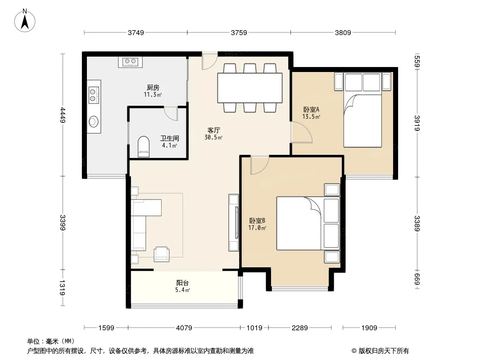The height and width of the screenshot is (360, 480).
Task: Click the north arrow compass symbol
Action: pos(25,21)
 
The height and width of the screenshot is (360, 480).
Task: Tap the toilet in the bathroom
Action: pos(144,147)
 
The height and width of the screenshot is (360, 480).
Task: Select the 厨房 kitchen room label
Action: pos(153,88)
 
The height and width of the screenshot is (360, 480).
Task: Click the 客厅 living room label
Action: pos(214,130)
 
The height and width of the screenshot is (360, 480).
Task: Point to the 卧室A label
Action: pos(311,109)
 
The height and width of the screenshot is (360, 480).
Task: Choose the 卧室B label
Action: pos(257,220)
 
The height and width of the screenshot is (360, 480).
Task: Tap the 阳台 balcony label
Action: pos(182,283)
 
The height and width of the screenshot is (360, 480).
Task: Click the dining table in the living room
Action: pos(250,88)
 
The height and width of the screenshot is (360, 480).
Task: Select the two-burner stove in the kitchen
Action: pos(94,95)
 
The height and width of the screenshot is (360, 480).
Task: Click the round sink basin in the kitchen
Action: pos(94,122)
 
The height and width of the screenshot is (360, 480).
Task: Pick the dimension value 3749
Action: pos(136,32)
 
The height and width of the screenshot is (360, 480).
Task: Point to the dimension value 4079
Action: pos(184,328)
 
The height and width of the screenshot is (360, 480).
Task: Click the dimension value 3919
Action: pos(417,123)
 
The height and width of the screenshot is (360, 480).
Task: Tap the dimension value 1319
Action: pos(62,288)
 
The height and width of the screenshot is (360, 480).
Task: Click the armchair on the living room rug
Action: pos(161,254)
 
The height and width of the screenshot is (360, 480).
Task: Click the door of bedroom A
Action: pos(301,132)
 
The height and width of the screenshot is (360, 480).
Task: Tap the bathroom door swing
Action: pos(171,113)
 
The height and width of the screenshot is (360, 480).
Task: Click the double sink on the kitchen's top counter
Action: pos(131,62)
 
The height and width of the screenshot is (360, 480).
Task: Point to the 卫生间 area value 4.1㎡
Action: pos(170,145)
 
